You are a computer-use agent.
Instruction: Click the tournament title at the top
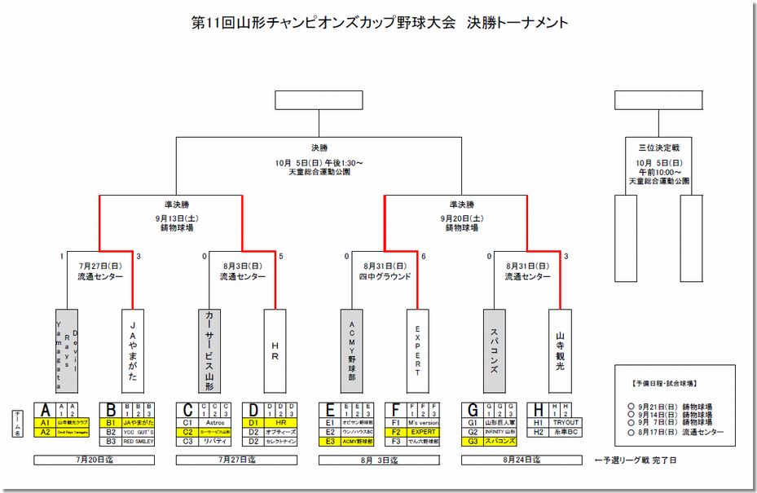[x=378, y=23]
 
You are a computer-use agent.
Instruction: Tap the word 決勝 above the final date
[x=319, y=147]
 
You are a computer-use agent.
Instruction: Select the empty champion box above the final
[x=319, y=99]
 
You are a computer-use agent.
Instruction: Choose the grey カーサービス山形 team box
[x=209, y=351]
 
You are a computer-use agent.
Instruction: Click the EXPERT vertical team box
[x=418, y=351]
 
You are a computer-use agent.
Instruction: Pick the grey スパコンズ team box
[x=494, y=351]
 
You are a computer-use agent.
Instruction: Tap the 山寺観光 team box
[x=560, y=351]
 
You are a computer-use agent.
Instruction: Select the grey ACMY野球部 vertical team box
[x=351, y=351]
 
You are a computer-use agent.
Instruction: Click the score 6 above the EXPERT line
[x=424, y=257]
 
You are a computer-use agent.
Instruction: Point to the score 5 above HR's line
[x=281, y=257]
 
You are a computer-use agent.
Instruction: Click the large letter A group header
[x=46, y=410]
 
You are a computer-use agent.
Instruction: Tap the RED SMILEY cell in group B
[x=139, y=441]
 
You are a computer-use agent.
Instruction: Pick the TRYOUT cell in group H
[x=566, y=423]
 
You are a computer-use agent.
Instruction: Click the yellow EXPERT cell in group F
[x=424, y=432]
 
